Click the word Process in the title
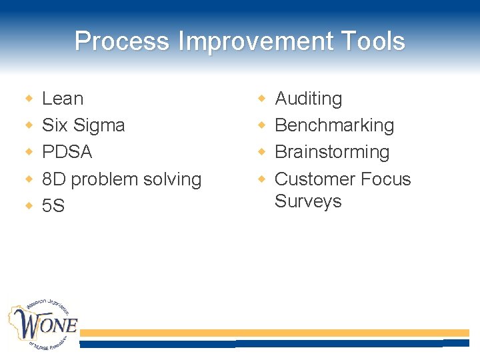coord(123,41)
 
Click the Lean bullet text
coord(63,99)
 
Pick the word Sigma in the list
coord(99,125)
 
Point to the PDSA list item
coord(67,152)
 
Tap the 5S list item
coord(53,206)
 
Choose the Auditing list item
coord(308,99)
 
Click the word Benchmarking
coord(334,125)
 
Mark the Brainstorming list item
coord(332,152)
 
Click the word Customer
coord(314,179)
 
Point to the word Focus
coord(385,179)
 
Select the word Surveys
coord(308,201)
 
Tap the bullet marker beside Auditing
coord(262,99)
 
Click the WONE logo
coord(43,325)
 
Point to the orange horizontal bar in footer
coord(274,333)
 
